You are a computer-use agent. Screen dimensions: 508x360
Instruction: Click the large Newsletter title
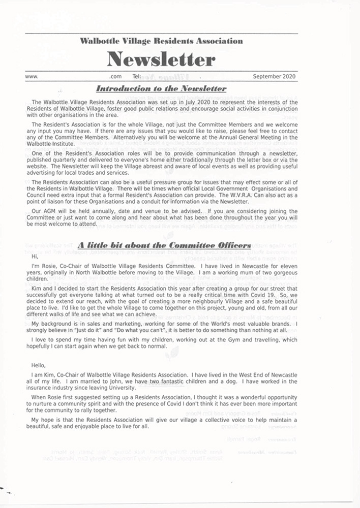coord(161,60)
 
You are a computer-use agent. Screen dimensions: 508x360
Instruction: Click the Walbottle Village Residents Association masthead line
coord(161,41)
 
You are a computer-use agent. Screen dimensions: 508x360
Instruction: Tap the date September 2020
coord(275,77)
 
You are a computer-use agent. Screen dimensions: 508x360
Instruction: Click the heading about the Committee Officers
coord(164,245)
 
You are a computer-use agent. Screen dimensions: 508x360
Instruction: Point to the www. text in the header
coord(32,77)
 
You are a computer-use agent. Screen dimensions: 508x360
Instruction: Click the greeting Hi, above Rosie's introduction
coord(35,257)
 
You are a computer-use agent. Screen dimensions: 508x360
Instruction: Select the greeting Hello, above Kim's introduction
coord(39,365)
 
